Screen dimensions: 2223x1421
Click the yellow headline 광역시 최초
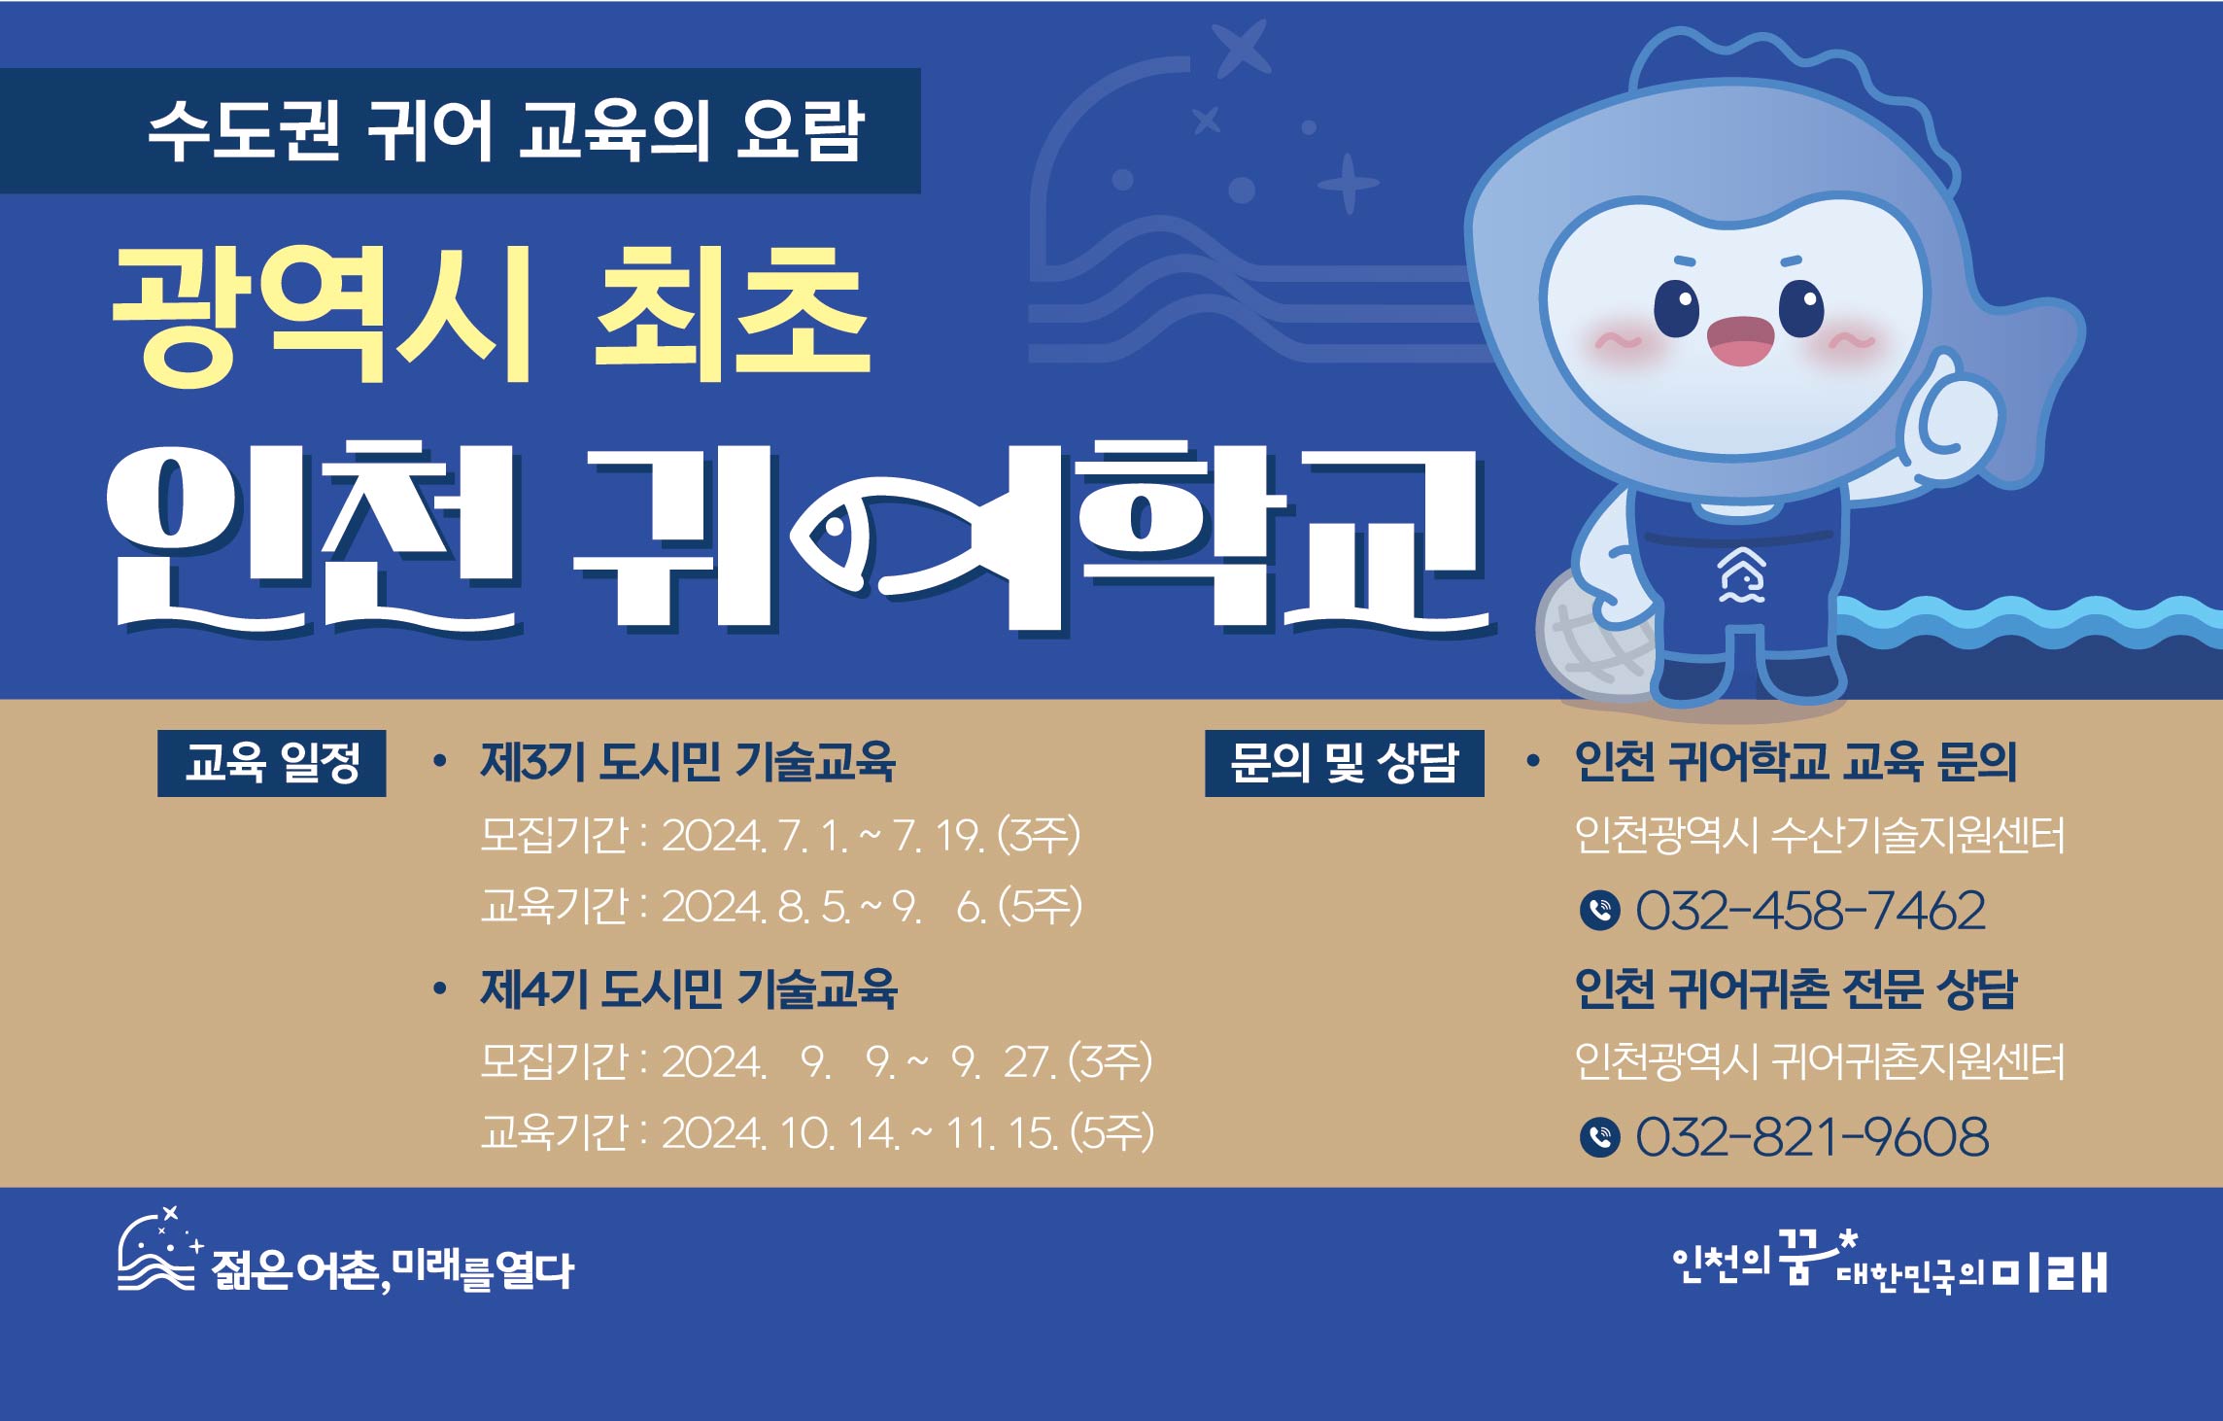491,313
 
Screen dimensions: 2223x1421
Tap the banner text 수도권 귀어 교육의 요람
506,130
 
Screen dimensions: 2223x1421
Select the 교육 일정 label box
272,763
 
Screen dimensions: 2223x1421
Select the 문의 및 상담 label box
1345,763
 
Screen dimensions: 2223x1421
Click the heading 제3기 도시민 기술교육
688,762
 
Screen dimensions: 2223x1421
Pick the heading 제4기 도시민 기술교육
688,989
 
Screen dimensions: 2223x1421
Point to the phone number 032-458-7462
1811,911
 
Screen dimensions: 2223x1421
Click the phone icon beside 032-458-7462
1600,911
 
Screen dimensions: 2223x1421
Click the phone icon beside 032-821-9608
1600,1137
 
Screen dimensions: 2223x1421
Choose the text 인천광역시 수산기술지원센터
1820,835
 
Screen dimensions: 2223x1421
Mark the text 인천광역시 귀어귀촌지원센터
1820,1061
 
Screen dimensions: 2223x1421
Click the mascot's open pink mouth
1740,341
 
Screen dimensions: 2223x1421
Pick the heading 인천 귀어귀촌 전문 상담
1796,989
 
